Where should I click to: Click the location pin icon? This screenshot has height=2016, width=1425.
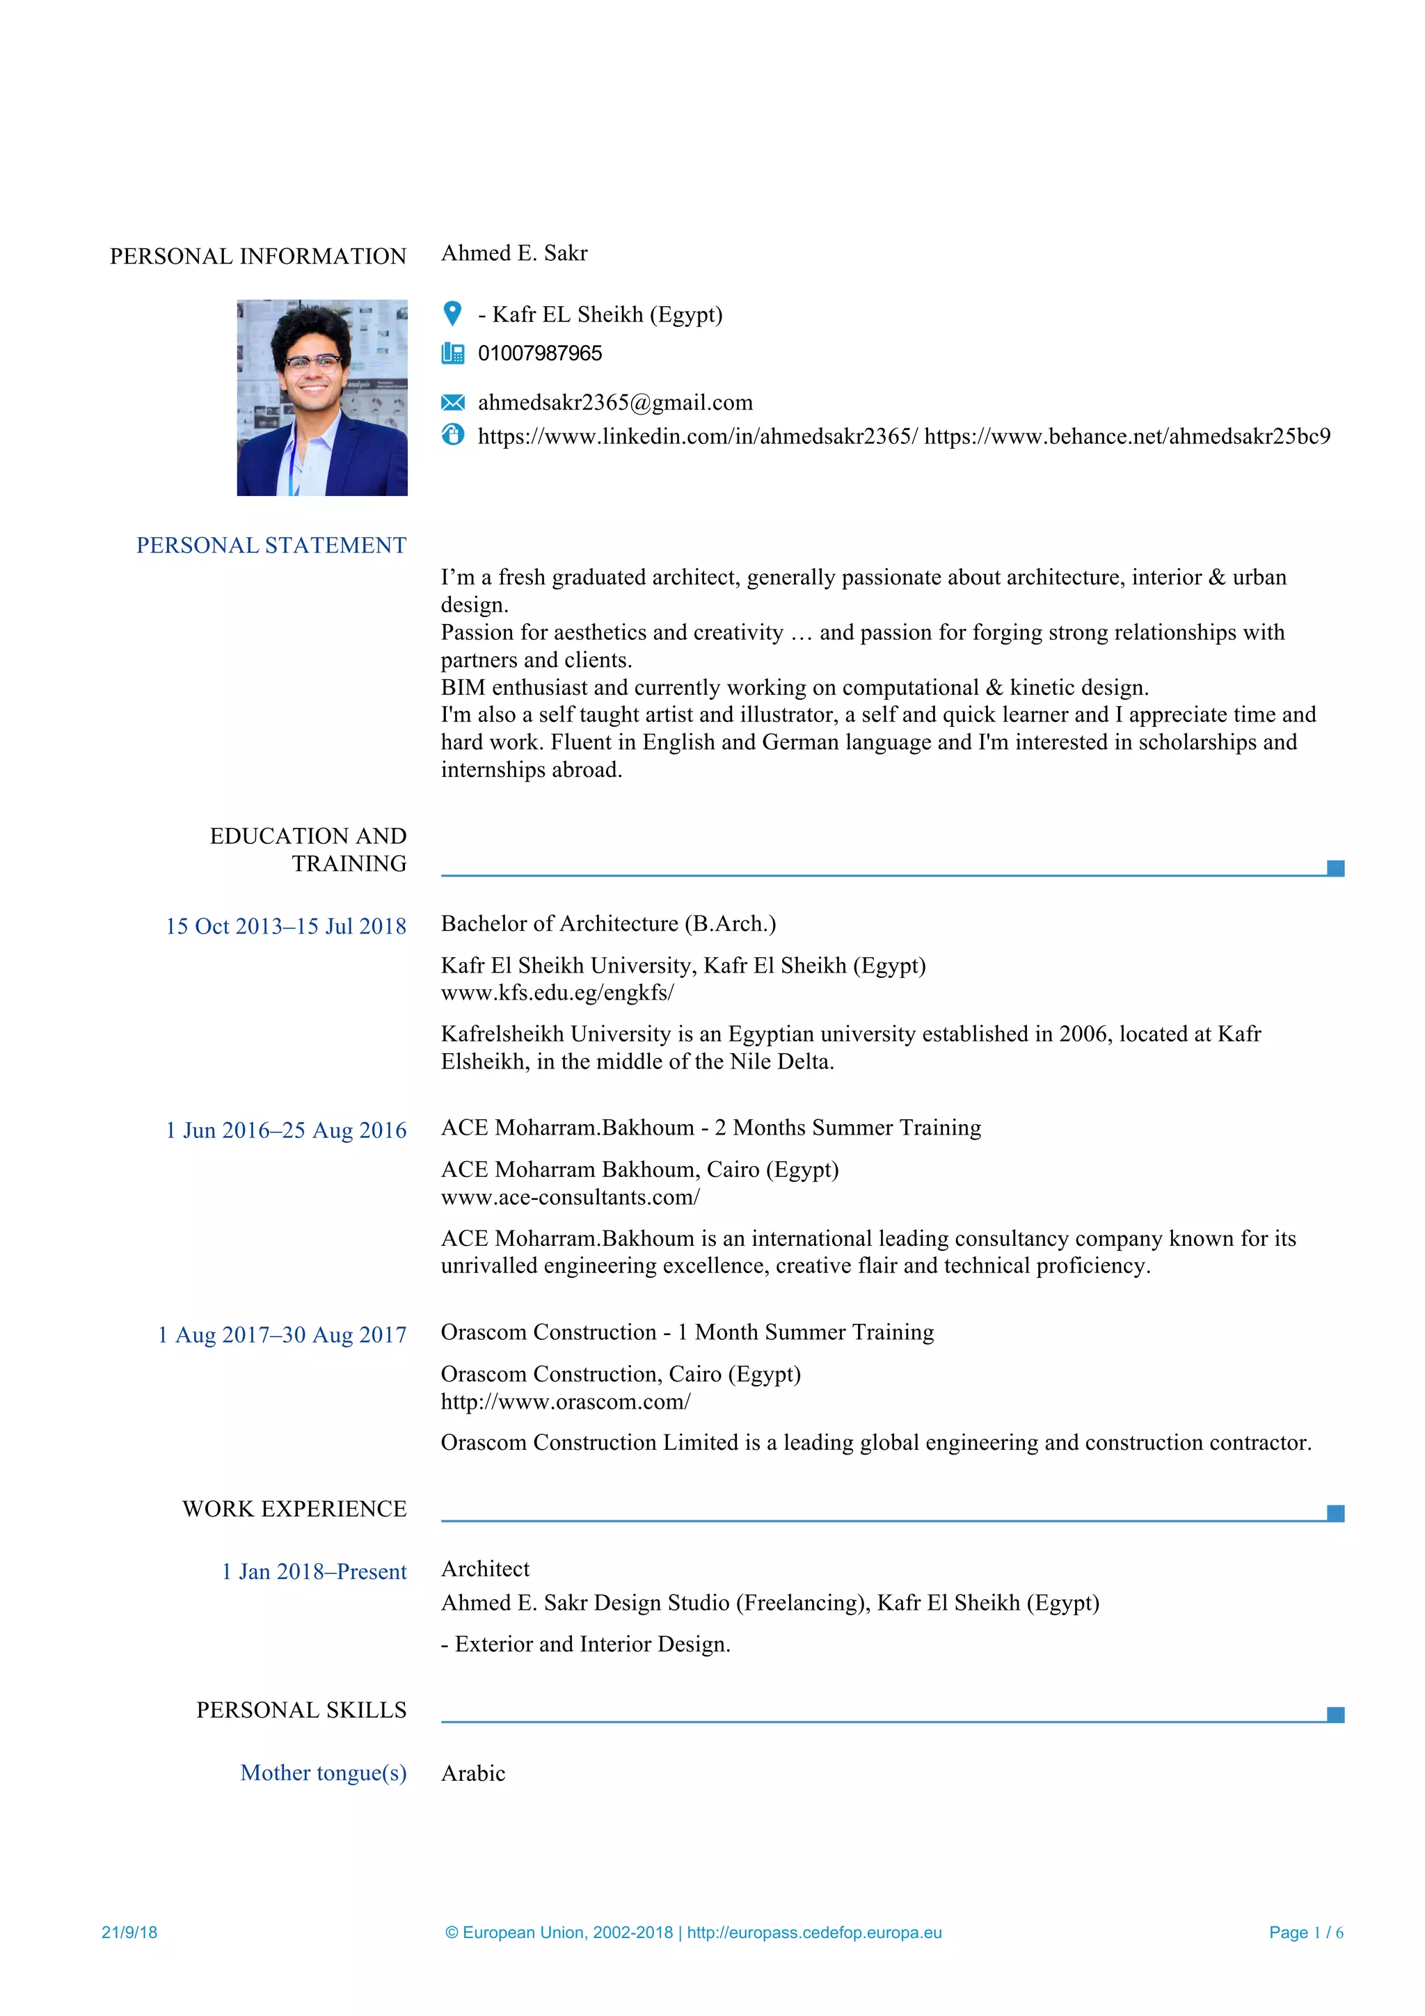pos(452,312)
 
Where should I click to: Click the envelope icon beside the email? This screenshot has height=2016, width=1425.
pos(452,402)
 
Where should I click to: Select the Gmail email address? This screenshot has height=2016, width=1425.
pos(614,402)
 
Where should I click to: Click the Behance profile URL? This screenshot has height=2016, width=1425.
pos(1127,436)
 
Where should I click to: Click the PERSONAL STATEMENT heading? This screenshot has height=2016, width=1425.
pos(271,545)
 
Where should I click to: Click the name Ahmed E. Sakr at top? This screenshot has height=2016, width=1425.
pos(514,253)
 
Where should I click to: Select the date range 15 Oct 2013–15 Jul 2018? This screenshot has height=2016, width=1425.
pos(285,927)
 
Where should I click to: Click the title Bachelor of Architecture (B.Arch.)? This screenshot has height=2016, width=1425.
pos(607,924)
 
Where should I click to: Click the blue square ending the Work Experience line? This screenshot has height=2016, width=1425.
pos(1335,1513)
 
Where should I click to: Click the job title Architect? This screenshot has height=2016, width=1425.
pos(485,1569)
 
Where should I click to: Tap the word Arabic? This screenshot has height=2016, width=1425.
pos(472,1774)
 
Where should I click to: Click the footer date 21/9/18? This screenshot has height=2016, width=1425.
pos(129,1933)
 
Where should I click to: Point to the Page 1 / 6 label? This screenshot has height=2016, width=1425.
pos(1305,1933)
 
